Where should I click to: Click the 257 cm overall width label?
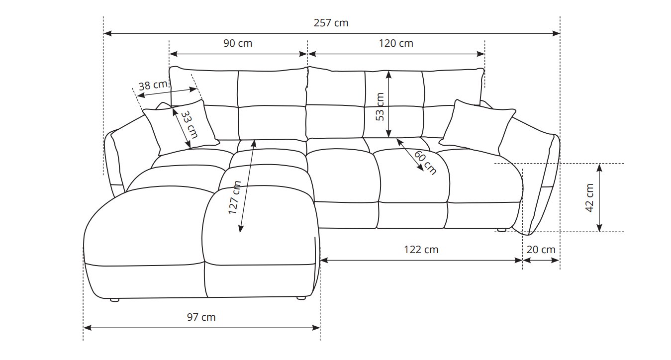pos(331,23)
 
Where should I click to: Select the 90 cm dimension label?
pos(238,43)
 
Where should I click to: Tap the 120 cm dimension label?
pos(396,43)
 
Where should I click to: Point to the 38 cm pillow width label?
pos(153,85)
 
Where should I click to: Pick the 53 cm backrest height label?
pos(380,107)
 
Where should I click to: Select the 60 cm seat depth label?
pos(425,163)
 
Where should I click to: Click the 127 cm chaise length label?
pos(235,197)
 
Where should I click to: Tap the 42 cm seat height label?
pos(589,198)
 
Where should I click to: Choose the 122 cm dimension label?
pos(421,250)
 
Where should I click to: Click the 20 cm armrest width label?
pos(541,250)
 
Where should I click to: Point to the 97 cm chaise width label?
pos(201,317)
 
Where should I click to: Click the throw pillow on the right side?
pos(477,127)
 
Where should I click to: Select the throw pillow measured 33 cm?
pos(181,128)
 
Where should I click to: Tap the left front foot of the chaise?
pos(114,299)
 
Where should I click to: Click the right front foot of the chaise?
pos(301,298)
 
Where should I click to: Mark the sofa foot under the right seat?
pos(501,230)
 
